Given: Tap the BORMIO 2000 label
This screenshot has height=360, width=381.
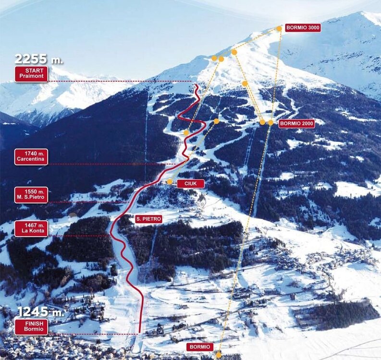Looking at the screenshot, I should point(296,123).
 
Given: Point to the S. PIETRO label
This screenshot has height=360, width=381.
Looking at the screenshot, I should point(148,219).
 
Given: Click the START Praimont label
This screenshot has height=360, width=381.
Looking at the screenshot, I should point(31,74).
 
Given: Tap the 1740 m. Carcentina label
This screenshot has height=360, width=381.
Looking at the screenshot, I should point(31,156).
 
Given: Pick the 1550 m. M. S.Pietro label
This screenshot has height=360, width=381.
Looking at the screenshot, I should point(31,194).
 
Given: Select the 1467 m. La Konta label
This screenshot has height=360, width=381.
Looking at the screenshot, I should point(31,228).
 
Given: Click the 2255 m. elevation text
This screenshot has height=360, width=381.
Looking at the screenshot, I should point(38,59).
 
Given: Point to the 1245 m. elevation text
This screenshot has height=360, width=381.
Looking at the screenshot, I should point(40,312).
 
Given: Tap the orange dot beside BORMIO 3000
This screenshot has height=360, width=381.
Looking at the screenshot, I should point(279,29).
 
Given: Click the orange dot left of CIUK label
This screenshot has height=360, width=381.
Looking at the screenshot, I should point(170,182).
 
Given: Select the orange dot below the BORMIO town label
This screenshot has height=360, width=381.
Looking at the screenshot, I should point(219,355).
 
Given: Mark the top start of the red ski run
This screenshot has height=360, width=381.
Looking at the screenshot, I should point(197,85).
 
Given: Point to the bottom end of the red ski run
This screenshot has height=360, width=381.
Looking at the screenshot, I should point(139,332).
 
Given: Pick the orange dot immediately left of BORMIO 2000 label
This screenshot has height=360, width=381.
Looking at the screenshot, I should point(270,123).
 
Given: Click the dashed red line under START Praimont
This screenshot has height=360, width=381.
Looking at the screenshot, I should point(120,82).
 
